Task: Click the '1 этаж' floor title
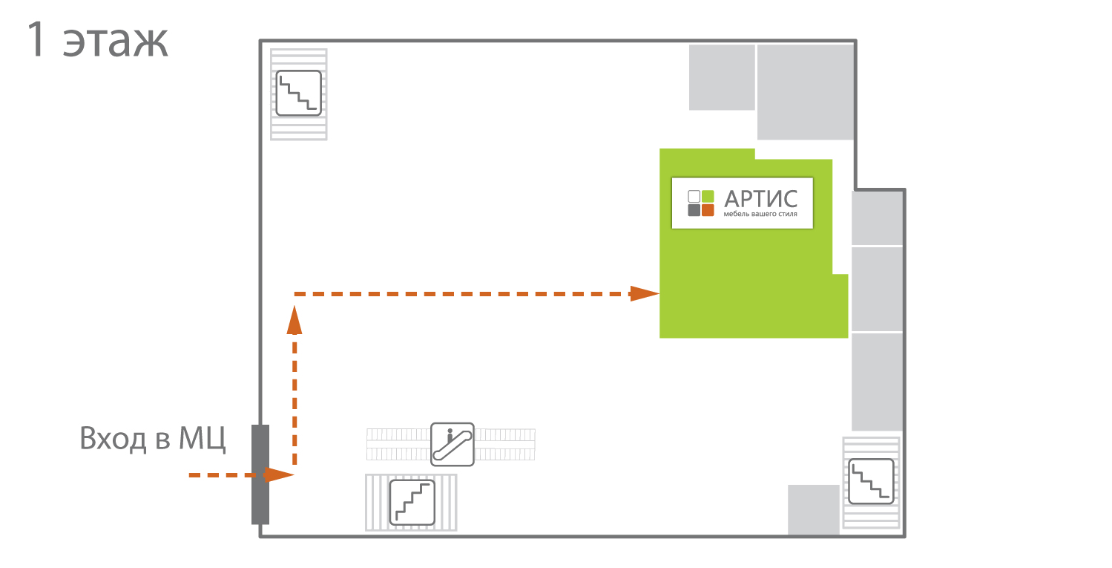point(97,40)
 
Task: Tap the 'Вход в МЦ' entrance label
point(152,438)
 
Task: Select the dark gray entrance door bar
point(260,474)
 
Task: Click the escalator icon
point(453,444)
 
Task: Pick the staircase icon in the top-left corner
point(298,93)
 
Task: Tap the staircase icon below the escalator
point(412,503)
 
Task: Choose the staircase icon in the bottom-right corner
point(871,482)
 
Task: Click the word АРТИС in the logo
point(761,199)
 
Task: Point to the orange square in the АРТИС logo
point(708,210)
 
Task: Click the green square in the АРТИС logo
point(708,196)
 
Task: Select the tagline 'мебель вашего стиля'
point(760,214)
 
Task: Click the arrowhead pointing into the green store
point(645,294)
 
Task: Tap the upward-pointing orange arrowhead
point(295,320)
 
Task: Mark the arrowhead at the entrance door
point(279,474)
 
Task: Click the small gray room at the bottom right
point(814,510)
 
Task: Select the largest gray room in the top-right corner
point(805,92)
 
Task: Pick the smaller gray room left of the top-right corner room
point(722,77)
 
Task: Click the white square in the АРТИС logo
point(694,196)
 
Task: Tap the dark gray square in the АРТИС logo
point(694,210)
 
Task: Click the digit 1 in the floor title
point(37,39)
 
